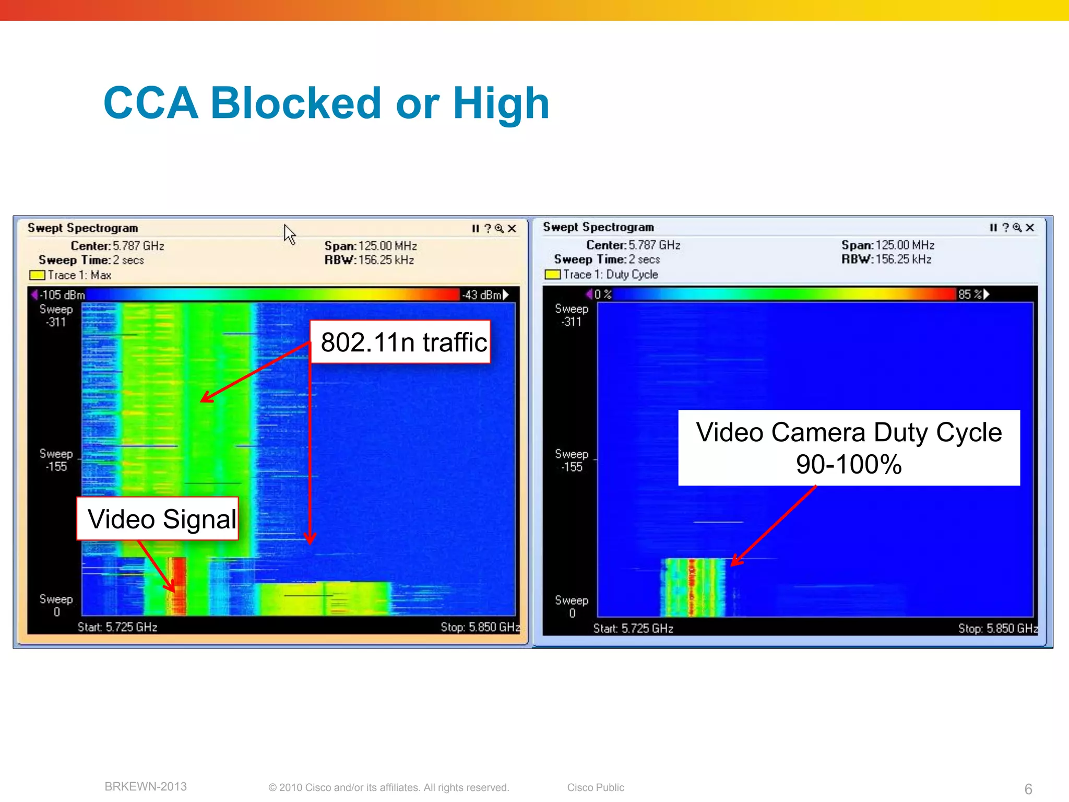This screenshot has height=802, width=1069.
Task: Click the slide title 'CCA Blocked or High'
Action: click(x=326, y=103)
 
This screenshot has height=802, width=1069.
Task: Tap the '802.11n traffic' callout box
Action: click(x=400, y=343)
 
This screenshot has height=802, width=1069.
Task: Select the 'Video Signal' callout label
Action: click(x=158, y=518)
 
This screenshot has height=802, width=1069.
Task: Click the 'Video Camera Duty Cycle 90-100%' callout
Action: click(x=849, y=448)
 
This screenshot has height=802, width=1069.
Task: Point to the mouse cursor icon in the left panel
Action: click(x=290, y=234)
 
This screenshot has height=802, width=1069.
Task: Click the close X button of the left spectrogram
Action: click(x=512, y=229)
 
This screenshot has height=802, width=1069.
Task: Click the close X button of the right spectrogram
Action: click(x=1030, y=228)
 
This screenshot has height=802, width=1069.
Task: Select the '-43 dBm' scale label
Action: click(x=482, y=295)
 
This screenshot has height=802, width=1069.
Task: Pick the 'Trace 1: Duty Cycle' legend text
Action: click(x=610, y=275)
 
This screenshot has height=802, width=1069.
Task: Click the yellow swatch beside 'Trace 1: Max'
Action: click(x=37, y=275)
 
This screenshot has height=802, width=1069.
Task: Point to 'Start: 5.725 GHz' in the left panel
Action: click(x=117, y=627)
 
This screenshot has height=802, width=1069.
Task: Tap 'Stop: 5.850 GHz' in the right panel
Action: click(x=997, y=629)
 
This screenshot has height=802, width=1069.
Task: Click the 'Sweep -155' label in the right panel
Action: click(x=572, y=461)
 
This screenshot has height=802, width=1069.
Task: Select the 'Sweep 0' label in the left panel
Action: click(x=56, y=606)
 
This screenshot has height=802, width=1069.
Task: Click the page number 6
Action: click(x=1028, y=789)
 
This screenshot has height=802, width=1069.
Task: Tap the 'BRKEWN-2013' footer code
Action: click(x=146, y=787)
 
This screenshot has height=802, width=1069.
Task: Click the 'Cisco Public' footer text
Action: click(x=596, y=787)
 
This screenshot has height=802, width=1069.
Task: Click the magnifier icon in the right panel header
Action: click(x=1017, y=228)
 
